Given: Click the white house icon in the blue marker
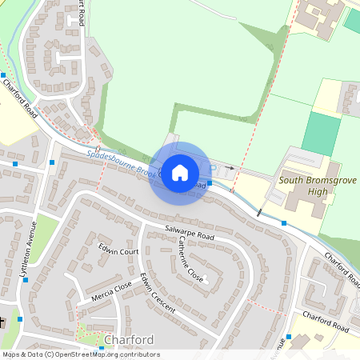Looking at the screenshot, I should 180,172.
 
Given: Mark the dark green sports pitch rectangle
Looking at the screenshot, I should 320,134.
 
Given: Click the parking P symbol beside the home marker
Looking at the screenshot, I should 213,168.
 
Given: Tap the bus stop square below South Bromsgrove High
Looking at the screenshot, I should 284,222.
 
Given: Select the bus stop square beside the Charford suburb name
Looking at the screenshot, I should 101,349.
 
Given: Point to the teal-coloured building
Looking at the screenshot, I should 352,20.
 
